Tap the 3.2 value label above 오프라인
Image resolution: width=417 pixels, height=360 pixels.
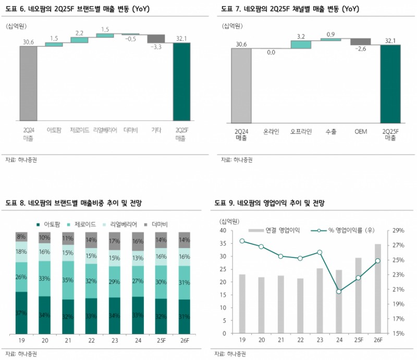coord(300,36)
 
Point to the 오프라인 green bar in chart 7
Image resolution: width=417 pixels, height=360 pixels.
coord(301,44)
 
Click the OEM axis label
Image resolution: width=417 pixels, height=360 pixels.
coord(360,132)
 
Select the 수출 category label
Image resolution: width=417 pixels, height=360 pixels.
coord(330,132)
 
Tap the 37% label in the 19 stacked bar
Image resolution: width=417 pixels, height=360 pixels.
coord(21,313)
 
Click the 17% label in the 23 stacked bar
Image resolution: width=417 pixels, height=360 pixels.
coord(115,242)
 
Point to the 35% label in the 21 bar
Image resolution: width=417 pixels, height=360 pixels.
coord(68,280)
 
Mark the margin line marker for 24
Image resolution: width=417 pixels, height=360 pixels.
coord(339,291)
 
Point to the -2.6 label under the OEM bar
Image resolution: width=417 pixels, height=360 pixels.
coord(361,49)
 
